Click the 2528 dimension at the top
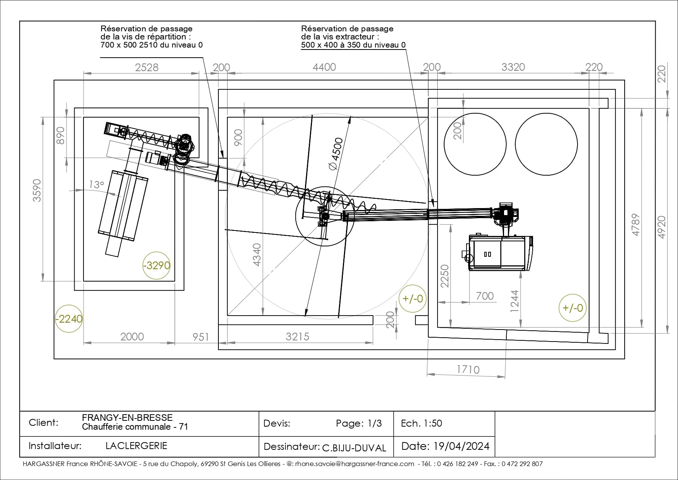pyautogui.click(x=147, y=67)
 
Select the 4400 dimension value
pyautogui.click(x=324, y=67)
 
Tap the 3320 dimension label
pyautogui.click(x=513, y=67)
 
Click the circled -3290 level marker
pyautogui.click(x=156, y=265)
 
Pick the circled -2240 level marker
pyautogui.click(x=69, y=318)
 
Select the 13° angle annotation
pyautogui.click(x=97, y=184)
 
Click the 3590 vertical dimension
pyautogui.click(x=37, y=190)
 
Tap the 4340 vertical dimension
pyautogui.click(x=257, y=255)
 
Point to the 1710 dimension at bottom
pyautogui.click(x=468, y=369)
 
